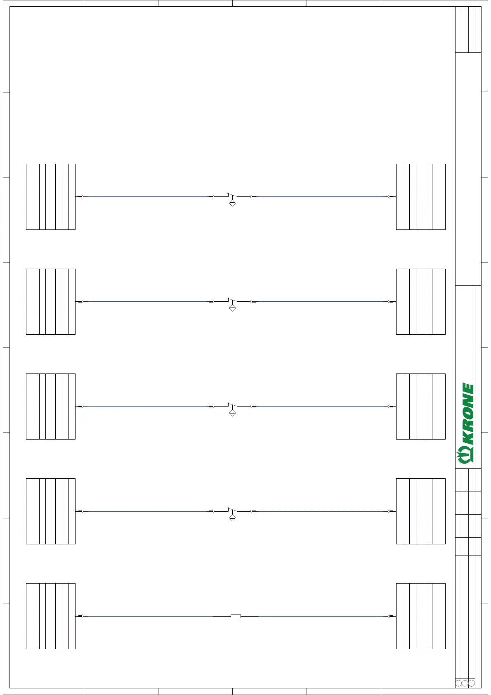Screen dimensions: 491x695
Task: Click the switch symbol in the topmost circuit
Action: click(x=232, y=196)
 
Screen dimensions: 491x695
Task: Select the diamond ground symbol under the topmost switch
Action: click(x=232, y=203)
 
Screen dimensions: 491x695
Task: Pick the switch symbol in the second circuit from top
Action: click(x=232, y=300)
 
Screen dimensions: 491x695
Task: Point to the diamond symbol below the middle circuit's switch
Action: click(x=232, y=413)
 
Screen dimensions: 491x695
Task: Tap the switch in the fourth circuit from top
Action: click(x=232, y=510)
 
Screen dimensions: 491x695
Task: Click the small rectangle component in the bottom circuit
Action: click(x=236, y=616)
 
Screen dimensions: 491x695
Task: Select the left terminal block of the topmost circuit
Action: click(x=51, y=197)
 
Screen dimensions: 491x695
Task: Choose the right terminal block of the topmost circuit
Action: click(x=420, y=197)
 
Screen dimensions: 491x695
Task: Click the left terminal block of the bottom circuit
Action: click(x=51, y=616)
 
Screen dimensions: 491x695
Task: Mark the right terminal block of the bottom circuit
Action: click(x=420, y=616)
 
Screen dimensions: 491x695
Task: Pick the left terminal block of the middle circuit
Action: click(x=51, y=407)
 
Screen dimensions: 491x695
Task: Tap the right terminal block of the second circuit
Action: click(x=420, y=302)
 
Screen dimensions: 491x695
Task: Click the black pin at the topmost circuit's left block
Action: click(x=80, y=197)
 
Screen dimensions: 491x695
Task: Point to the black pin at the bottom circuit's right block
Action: click(x=391, y=616)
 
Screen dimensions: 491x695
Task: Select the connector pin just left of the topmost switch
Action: click(x=212, y=197)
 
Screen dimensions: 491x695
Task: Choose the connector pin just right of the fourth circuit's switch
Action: click(x=253, y=511)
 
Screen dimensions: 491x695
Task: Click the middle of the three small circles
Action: click(x=465, y=683)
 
